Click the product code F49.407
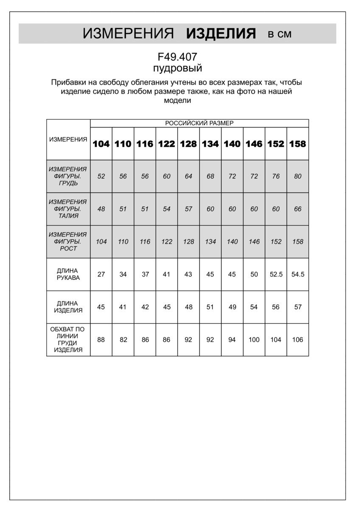[x=177, y=57]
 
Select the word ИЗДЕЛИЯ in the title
[x=221, y=34]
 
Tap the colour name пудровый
[x=177, y=68]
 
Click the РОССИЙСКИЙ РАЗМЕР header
[x=199, y=123]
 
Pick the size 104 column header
[x=101, y=144]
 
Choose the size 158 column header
[x=298, y=144]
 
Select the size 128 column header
[x=188, y=144]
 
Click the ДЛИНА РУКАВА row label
[x=68, y=274]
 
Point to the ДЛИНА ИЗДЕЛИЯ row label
[x=68, y=307]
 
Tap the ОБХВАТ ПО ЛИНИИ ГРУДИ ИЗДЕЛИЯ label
[x=68, y=340]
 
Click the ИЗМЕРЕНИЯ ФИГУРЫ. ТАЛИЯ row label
[x=68, y=209]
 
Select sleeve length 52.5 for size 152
[x=276, y=274]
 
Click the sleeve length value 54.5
[x=298, y=274]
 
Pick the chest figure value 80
[x=298, y=176]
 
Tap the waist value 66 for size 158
[x=298, y=209]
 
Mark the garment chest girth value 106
[x=298, y=340]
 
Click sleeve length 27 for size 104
[x=101, y=274]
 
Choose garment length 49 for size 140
[x=232, y=307]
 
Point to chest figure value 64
[x=188, y=176]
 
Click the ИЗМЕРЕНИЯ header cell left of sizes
[x=68, y=140]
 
